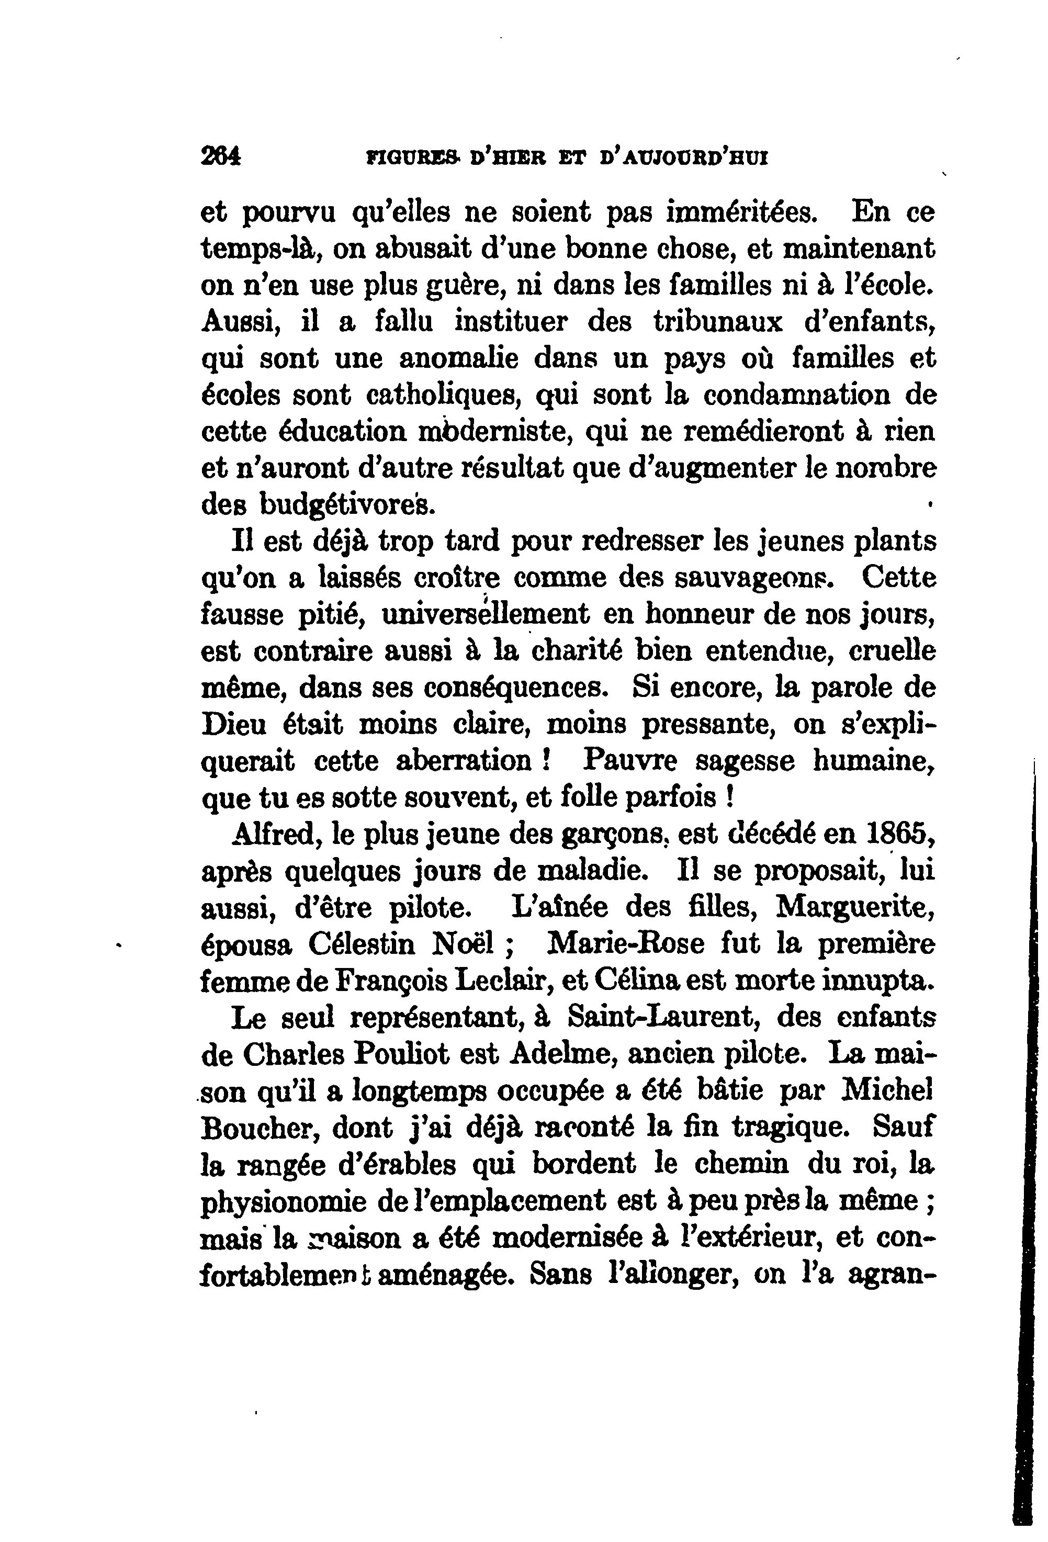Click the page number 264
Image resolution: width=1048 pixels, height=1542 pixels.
point(221,158)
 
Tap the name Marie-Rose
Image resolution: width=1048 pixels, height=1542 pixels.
point(625,944)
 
